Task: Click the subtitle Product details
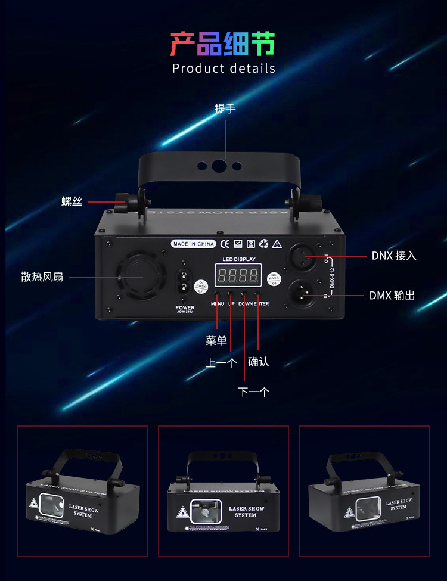pos(223,68)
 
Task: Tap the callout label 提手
pos(225,108)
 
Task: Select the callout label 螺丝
pos(72,202)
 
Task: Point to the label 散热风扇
pos(42,277)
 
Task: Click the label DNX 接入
pos(394,256)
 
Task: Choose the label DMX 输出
pos(392,295)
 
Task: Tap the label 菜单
pos(216,340)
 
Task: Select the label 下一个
pos(254,392)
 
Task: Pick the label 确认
pos(259,362)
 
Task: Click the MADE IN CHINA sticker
pos(193,244)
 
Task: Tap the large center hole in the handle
pos(219,166)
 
